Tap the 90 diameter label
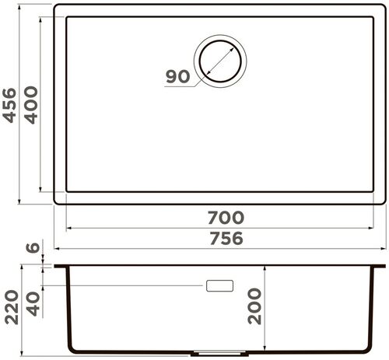pyautogui.click(x=177, y=77)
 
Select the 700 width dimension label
pyautogui.click(x=226, y=218)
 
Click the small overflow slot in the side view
pyautogui.click(x=220, y=285)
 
